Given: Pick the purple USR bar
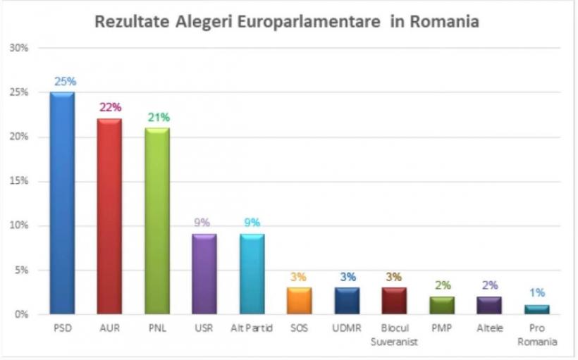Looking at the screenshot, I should pyautogui.click(x=204, y=274).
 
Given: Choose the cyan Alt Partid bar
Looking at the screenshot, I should pyautogui.click(x=252, y=274).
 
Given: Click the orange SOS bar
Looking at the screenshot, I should pyautogui.click(x=299, y=301).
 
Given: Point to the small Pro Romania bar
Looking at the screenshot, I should pyautogui.click(x=536, y=310).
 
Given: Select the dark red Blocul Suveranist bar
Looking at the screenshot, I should pyautogui.click(x=394, y=301).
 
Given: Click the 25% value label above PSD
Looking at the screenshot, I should pyautogui.click(x=64, y=81).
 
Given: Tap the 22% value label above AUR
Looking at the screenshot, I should pyautogui.click(x=111, y=107).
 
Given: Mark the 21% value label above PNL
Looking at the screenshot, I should pyautogui.click(x=159, y=117).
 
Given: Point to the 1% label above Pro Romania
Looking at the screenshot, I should pyautogui.click(x=537, y=293).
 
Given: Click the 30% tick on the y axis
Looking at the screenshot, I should pyautogui.click(x=19, y=48).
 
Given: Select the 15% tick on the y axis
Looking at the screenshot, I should pyautogui.click(x=19, y=181).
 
